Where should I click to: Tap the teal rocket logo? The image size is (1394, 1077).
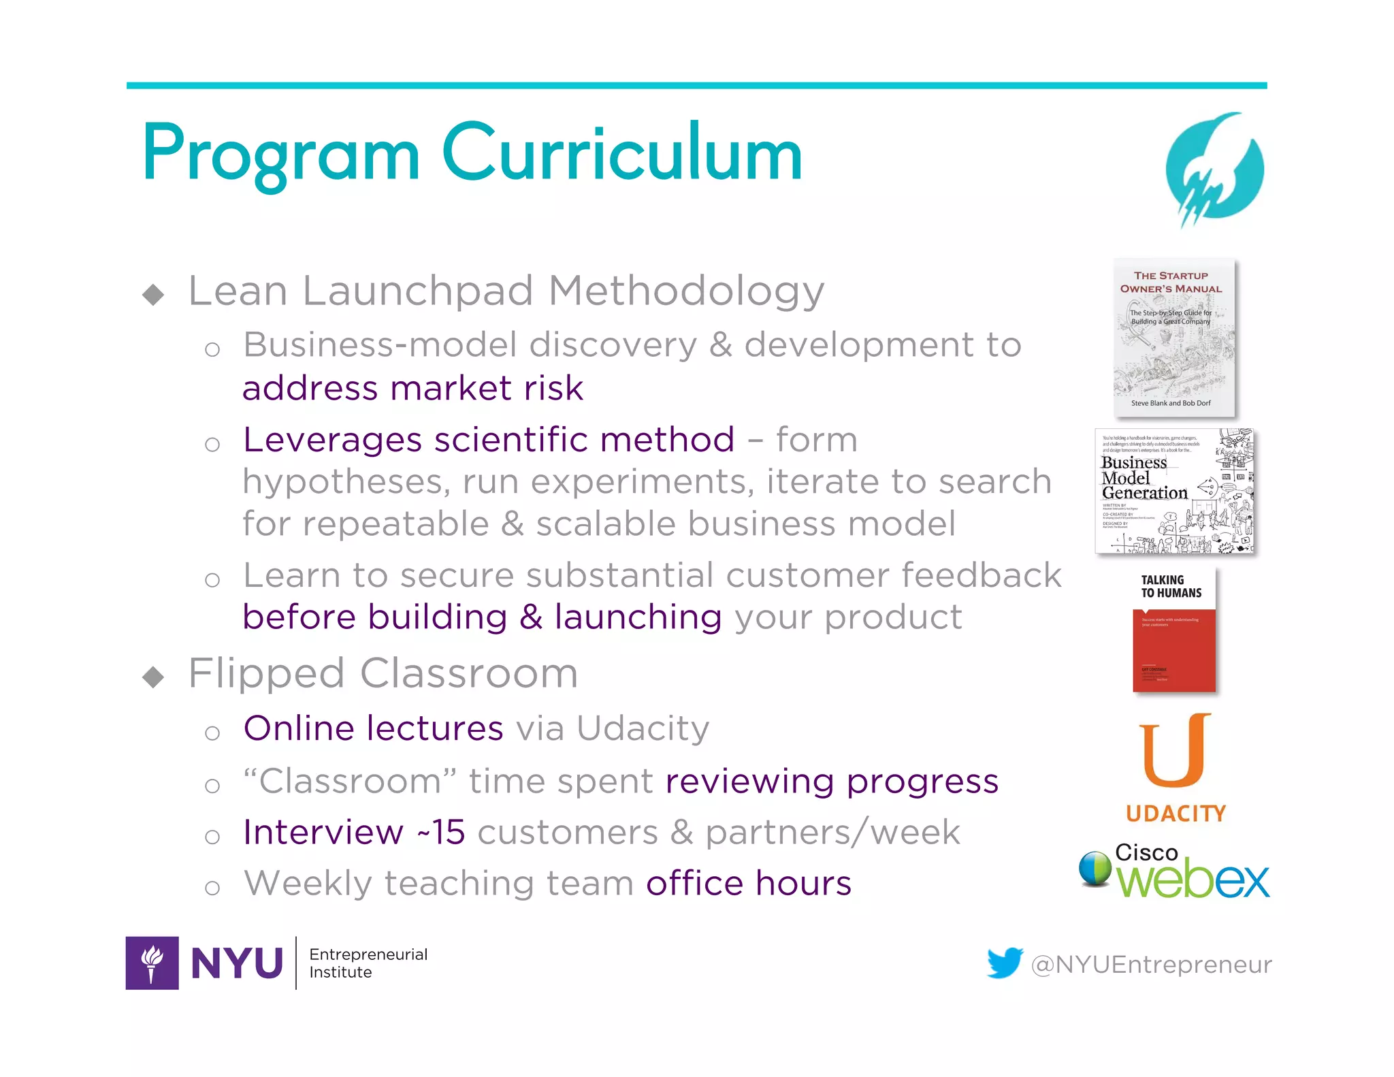click(1214, 168)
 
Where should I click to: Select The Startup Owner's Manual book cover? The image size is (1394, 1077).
click(1173, 338)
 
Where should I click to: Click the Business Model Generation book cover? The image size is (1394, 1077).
click(1173, 491)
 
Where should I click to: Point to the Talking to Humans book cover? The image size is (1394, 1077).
click(1173, 630)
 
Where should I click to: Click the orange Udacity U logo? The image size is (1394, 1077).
click(1175, 750)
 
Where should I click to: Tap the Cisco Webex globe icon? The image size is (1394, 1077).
click(1095, 869)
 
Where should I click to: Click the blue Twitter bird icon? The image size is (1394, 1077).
click(1005, 963)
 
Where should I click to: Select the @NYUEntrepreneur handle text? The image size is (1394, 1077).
click(1151, 965)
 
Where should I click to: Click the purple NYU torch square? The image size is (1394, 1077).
click(152, 963)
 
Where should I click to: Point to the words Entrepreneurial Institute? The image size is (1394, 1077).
click(368, 963)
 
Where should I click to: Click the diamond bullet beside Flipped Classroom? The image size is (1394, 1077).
click(154, 677)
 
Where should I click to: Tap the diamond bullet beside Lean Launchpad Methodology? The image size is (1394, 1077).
click(154, 294)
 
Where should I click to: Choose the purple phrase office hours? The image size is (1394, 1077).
click(749, 883)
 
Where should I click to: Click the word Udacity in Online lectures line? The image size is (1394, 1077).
click(643, 728)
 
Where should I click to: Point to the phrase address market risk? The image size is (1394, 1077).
click(412, 388)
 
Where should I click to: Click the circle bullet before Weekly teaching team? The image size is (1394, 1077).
click(212, 887)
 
